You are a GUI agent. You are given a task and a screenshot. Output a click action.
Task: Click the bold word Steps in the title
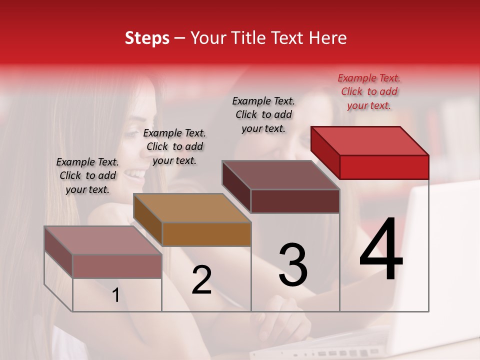[x=147, y=38]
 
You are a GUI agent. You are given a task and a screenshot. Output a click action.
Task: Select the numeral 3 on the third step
[x=293, y=264]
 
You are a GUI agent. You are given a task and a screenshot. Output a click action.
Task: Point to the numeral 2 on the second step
[x=202, y=280]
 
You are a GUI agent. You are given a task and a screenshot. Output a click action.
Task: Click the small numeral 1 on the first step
[x=116, y=295]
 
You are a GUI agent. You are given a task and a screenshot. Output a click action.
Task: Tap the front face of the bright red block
[x=384, y=167]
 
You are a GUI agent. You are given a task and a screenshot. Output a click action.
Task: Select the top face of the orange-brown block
[x=192, y=207]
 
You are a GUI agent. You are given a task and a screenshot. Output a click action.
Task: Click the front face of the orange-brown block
[x=206, y=234]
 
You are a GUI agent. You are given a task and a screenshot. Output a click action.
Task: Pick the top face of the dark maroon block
[x=280, y=174]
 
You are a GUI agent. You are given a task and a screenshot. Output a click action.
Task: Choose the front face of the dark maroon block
[x=295, y=201]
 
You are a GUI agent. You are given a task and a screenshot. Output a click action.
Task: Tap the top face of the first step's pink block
[x=103, y=240]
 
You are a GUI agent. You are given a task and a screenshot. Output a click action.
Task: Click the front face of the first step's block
[x=117, y=266]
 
